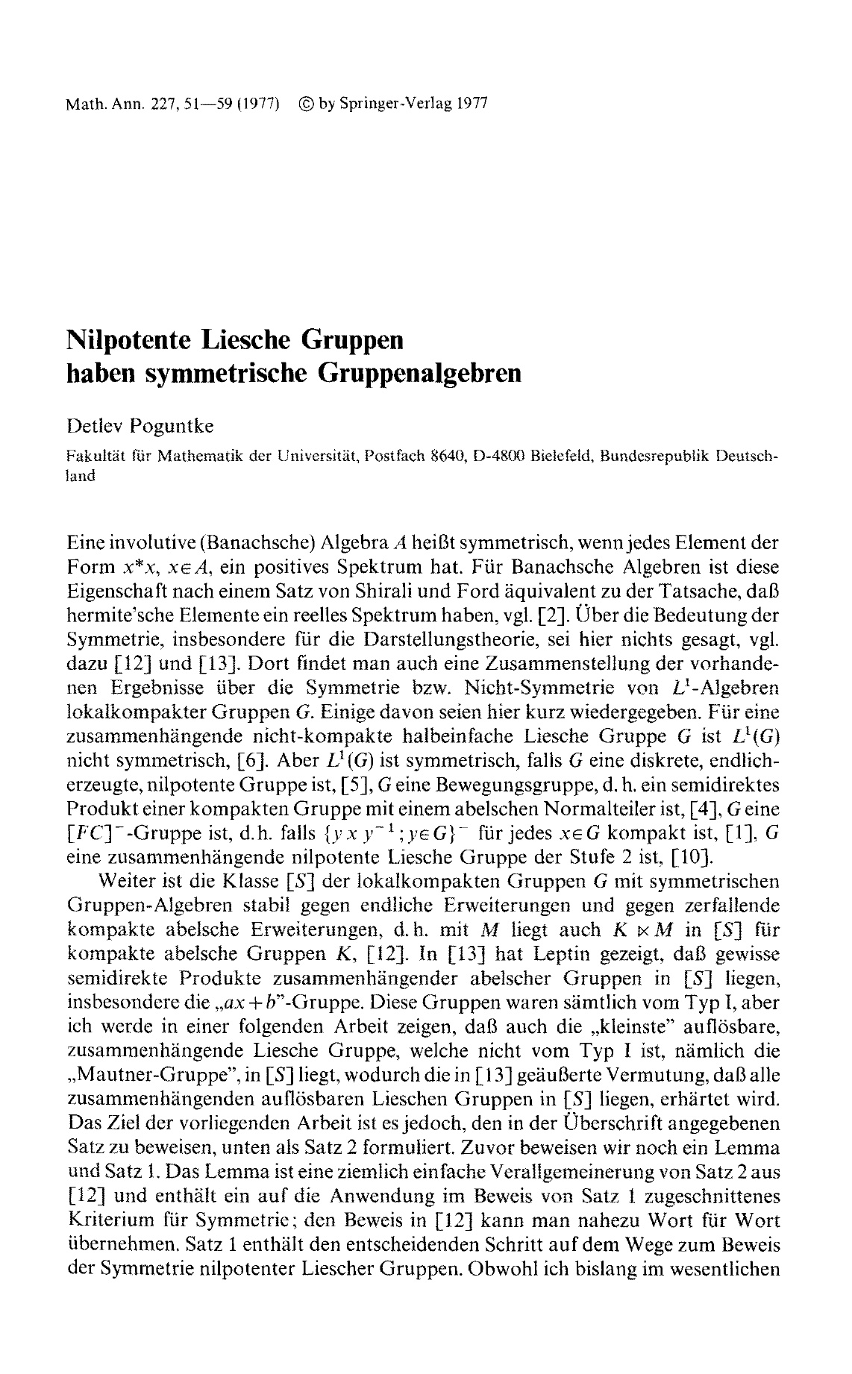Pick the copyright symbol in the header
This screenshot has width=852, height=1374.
(304, 103)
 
